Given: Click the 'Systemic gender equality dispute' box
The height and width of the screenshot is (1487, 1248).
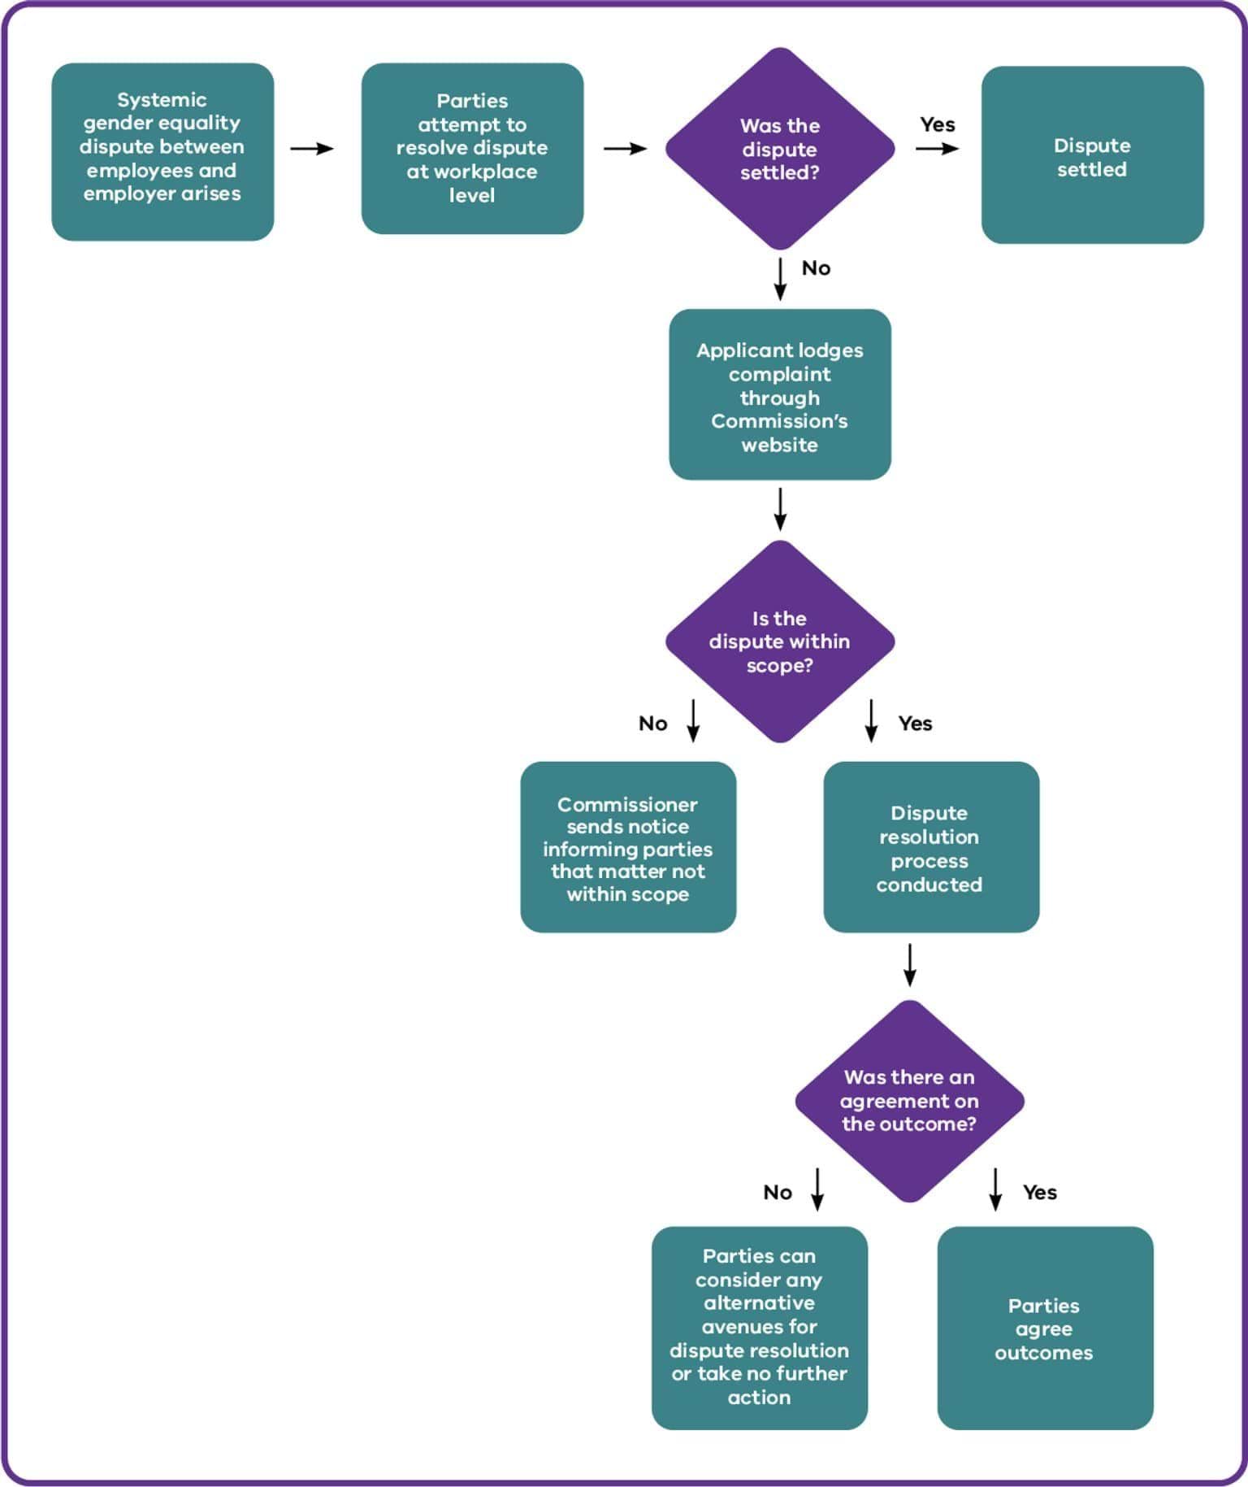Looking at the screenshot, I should point(162,151).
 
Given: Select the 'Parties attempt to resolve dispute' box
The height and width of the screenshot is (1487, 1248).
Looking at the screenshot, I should point(472,149).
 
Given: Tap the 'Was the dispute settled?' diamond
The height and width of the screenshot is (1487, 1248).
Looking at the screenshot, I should point(779,149).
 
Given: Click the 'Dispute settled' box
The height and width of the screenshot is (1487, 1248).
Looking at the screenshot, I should point(1091,155).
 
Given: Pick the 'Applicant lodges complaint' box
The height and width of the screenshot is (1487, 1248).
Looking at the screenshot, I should point(779,394).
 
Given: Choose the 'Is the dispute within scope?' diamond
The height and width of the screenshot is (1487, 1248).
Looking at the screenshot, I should point(779,641).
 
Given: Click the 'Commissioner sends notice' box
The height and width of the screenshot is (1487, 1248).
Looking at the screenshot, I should point(627,847).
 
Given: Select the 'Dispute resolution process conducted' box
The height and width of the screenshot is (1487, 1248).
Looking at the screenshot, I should point(930,847).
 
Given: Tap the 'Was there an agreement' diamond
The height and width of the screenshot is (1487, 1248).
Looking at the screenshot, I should point(908,1101).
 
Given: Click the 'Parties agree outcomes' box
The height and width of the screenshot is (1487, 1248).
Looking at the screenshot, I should point(1044,1328).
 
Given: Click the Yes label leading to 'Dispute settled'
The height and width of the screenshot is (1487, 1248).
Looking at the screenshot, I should point(937,124).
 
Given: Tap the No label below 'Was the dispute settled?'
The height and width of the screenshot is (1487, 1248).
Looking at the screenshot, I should point(816,268).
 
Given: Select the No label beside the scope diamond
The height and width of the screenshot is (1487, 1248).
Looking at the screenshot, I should point(652,724).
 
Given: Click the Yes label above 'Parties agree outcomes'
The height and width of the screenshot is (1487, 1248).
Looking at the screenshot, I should point(1039,1192).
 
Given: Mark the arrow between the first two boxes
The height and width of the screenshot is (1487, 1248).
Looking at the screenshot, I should point(312,149).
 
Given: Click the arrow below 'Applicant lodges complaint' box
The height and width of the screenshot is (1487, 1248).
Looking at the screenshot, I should point(780,509).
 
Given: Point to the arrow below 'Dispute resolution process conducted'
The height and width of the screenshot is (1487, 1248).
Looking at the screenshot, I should point(909,964).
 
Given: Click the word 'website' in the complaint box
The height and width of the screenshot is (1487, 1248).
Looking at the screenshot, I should point(779,445).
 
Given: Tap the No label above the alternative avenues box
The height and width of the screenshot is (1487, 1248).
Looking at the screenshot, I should point(777,1192).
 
